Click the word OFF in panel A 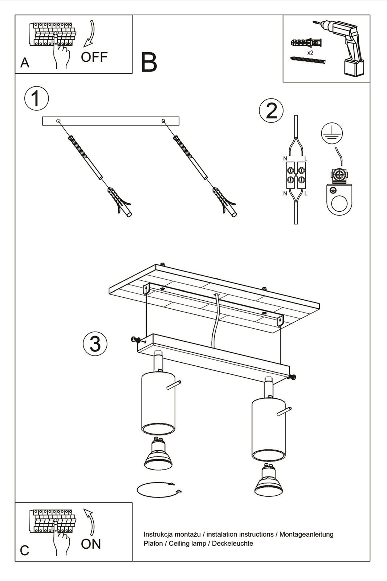click(94, 57)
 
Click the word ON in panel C click(91, 544)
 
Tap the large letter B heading click(149, 62)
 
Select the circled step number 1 click(36, 98)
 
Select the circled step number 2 click(271, 110)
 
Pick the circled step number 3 click(95, 344)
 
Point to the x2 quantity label click(310, 53)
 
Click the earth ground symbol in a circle click(332, 134)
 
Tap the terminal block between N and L click(296, 175)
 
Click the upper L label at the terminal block click(306, 158)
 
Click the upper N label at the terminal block click(285, 158)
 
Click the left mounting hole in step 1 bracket click(58, 121)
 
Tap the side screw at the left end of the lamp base click(136, 340)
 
